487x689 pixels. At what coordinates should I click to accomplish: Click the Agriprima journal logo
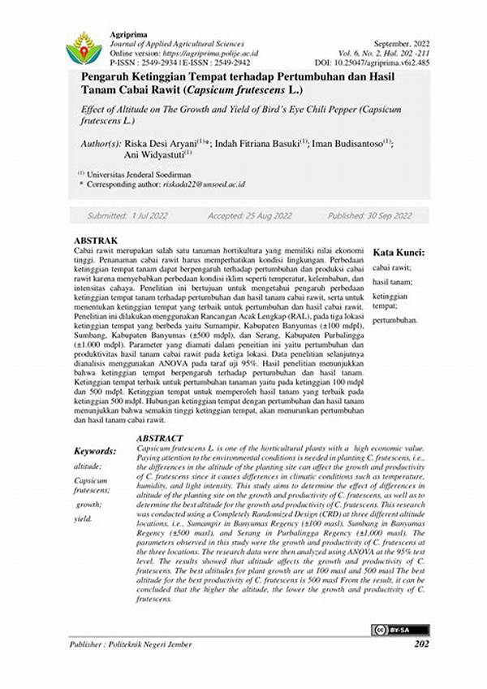click(84, 48)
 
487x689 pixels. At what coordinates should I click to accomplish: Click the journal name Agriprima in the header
click(127, 34)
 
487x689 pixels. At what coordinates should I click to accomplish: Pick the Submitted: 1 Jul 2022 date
click(127, 216)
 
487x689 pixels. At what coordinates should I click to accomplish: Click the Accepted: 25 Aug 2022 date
click(249, 216)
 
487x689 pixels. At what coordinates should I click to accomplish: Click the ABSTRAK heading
click(96, 241)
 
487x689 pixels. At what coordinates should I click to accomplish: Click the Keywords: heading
click(95, 450)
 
